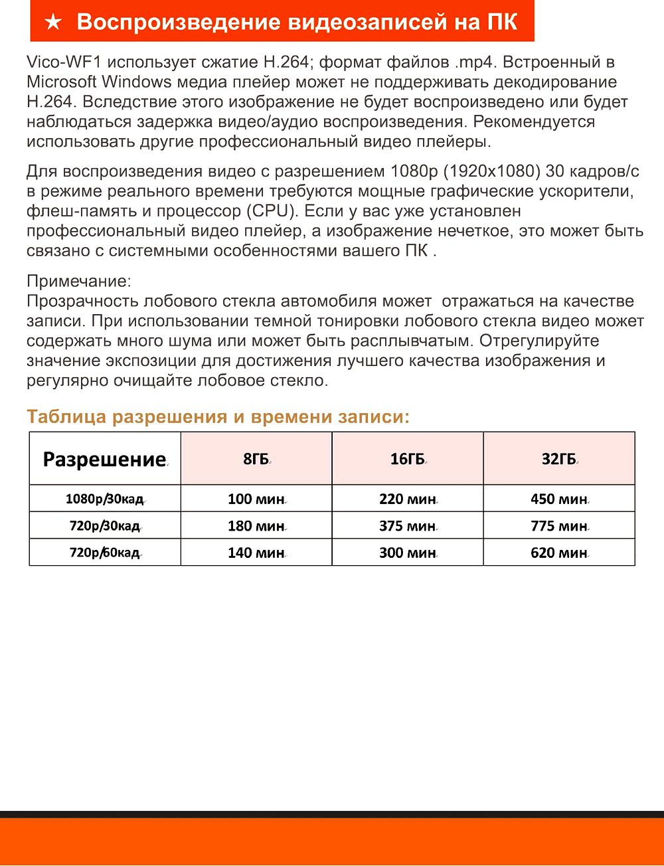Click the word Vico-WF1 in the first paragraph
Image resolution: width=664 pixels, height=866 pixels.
click(63, 62)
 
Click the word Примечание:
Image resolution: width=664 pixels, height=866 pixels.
click(79, 281)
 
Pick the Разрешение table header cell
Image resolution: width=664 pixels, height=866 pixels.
click(104, 459)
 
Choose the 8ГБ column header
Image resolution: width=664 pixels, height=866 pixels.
click(256, 459)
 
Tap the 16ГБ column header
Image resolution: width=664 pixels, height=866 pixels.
click(407, 459)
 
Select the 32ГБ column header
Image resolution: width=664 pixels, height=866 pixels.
click(559, 459)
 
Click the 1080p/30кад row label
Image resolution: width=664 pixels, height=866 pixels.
click(104, 499)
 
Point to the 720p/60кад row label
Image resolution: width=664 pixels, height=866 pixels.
click(104, 553)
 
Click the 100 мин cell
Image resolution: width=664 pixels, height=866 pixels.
click(256, 499)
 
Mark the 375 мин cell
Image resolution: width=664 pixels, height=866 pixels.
click(407, 526)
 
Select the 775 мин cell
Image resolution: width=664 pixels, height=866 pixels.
click(559, 526)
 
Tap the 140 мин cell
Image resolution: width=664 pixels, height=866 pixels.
click(256, 553)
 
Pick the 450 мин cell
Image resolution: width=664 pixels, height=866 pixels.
click(559, 499)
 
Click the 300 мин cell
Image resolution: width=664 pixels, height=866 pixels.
click(407, 553)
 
